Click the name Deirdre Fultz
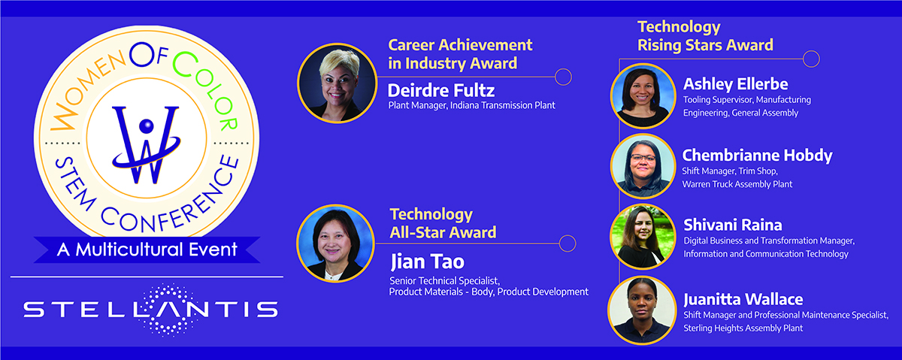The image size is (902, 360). tap(441, 91)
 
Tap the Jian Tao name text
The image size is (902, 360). tap(427, 262)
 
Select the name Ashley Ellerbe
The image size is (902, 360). tap(735, 84)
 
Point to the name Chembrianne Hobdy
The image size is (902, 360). tap(757, 156)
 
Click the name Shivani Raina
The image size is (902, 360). tap(732, 225)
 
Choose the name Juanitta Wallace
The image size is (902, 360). tap(743, 300)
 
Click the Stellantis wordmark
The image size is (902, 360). tap(150, 310)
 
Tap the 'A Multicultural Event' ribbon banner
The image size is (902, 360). tap(147, 250)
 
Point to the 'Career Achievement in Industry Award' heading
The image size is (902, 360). tap(460, 54)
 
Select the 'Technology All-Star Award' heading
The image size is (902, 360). tap(443, 223)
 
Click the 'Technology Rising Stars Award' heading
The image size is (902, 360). tap(705, 36)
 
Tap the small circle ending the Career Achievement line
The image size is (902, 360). tap(563, 77)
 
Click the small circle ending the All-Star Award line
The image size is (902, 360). tap(568, 244)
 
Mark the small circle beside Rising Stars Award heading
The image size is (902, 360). tap(811, 59)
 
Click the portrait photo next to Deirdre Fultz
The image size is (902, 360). tap(337, 83)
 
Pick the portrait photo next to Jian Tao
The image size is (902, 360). tap(335, 244)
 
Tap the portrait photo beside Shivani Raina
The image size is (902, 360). tap(643, 237)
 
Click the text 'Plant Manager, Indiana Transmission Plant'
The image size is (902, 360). tap(471, 105)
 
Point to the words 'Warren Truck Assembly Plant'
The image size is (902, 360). tap(737, 184)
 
